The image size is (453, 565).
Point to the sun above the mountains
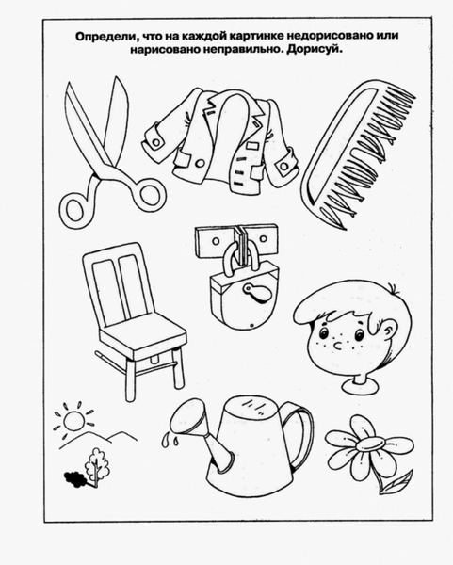pyautogui.click(x=73, y=420)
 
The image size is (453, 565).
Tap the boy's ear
pyautogui.click(x=389, y=329)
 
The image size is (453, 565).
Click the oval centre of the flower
pyautogui.click(x=369, y=444)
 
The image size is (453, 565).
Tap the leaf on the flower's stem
pyautogui.click(x=396, y=483)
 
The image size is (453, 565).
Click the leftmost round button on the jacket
pyautogui.click(x=156, y=142)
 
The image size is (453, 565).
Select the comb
pyautogui.click(x=358, y=154)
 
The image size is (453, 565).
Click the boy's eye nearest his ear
pyautogui.click(x=359, y=334)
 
